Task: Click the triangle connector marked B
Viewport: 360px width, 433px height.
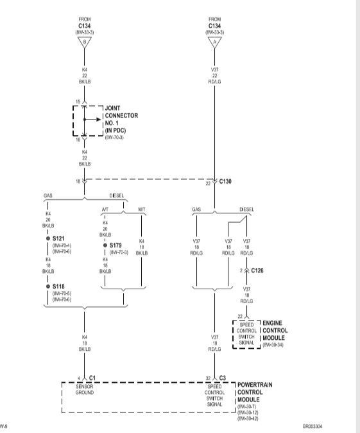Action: click(x=85, y=42)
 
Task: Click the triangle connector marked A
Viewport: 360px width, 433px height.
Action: click(x=214, y=42)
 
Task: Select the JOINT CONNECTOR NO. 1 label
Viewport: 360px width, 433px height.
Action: click(x=121, y=119)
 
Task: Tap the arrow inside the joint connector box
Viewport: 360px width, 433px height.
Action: click(x=92, y=119)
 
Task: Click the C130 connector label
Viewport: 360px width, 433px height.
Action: click(x=225, y=181)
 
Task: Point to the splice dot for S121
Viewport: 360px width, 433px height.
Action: click(x=48, y=238)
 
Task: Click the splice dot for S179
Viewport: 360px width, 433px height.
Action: click(x=105, y=245)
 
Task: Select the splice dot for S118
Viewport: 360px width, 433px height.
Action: click(x=48, y=287)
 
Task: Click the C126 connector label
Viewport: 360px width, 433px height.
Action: click(x=257, y=270)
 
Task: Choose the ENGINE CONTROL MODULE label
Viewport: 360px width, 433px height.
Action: click(x=275, y=331)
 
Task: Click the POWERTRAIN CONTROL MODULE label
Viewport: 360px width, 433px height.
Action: click(x=255, y=392)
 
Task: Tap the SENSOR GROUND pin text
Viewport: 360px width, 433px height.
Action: click(x=85, y=390)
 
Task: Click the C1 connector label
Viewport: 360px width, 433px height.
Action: click(x=92, y=378)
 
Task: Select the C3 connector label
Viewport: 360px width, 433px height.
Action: click(x=222, y=378)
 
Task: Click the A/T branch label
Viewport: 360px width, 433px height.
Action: click(x=105, y=209)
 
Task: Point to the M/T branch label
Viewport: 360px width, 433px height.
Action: click(x=142, y=209)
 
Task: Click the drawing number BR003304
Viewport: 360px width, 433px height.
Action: click(x=313, y=426)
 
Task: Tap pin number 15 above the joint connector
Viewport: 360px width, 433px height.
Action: click(x=78, y=102)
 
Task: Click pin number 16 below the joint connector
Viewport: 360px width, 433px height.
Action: click(x=78, y=140)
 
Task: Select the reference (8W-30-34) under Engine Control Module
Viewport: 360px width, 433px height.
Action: click(x=273, y=345)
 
